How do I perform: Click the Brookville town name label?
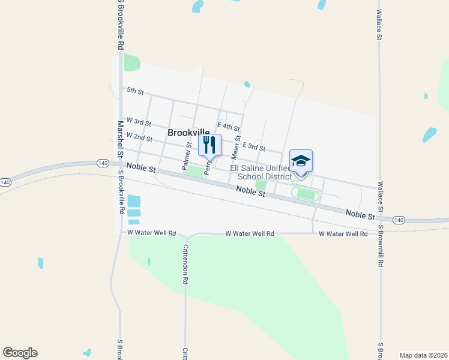coord(188,133)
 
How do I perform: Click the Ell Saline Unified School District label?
coord(265,172)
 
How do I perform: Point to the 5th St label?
coord(135,91)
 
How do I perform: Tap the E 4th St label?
coord(229,127)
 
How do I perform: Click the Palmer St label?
coord(187,154)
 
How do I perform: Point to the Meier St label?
coord(235,148)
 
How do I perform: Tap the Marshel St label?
coord(121,139)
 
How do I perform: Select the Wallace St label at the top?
coord(379,24)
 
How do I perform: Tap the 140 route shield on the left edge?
coord(5,182)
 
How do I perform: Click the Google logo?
coord(20,353)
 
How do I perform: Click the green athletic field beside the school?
coord(306,194)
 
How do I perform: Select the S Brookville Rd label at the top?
coord(121,24)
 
